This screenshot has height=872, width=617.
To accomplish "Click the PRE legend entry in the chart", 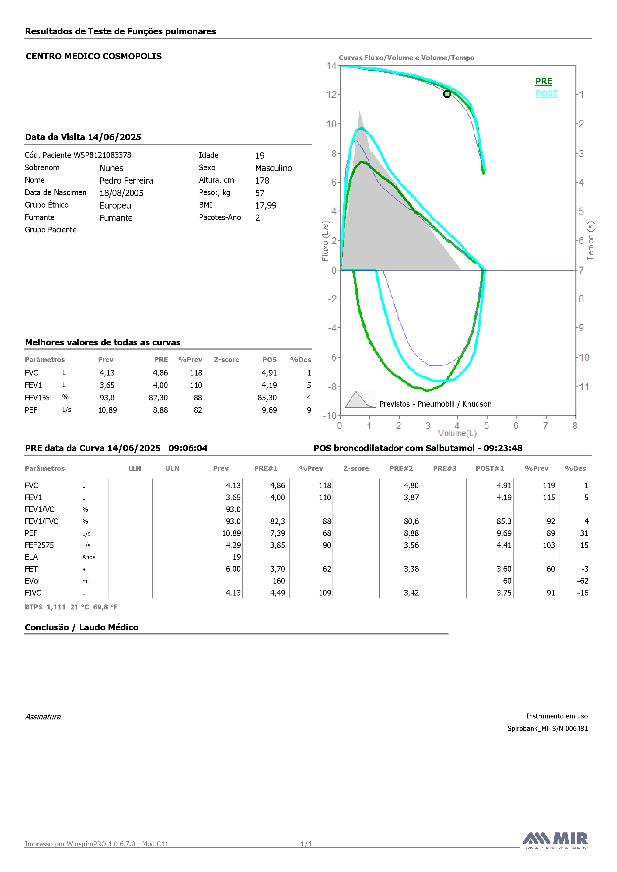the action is coord(544,81).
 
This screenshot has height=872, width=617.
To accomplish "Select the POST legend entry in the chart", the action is coord(546,94).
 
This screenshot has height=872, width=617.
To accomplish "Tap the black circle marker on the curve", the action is coord(447,94).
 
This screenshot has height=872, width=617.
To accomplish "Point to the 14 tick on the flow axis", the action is coord(331,66).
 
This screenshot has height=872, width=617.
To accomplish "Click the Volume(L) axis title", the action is coord(457,433).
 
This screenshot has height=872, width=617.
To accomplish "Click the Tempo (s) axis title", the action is coord(590,241).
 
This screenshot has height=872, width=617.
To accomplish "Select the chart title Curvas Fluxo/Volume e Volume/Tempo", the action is coord(406,58).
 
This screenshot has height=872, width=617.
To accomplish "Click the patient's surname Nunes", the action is coord(111,168).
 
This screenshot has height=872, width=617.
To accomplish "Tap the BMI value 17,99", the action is coord(266,206).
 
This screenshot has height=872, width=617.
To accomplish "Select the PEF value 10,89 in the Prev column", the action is coord(108,410).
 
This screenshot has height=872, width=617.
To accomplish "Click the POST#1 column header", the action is coord(490,468).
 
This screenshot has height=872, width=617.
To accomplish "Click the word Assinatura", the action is coord(43,717).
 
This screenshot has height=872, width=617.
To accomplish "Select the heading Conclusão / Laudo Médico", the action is coord(82,627).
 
